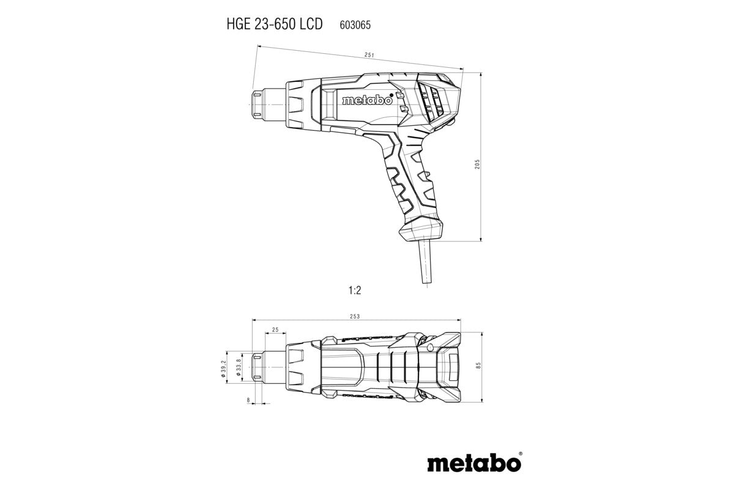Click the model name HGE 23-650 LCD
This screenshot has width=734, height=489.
point(268,25)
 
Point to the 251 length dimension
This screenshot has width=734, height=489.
point(369,55)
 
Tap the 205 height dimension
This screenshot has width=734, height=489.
point(477,164)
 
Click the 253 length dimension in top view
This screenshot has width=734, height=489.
point(355,316)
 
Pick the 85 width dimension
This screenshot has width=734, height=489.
point(478,365)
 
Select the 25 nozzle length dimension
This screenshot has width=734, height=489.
point(275,330)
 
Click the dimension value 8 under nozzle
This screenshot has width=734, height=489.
point(248,400)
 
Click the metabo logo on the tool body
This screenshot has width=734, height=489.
point(367,101)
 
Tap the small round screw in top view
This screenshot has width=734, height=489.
point(432,348)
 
